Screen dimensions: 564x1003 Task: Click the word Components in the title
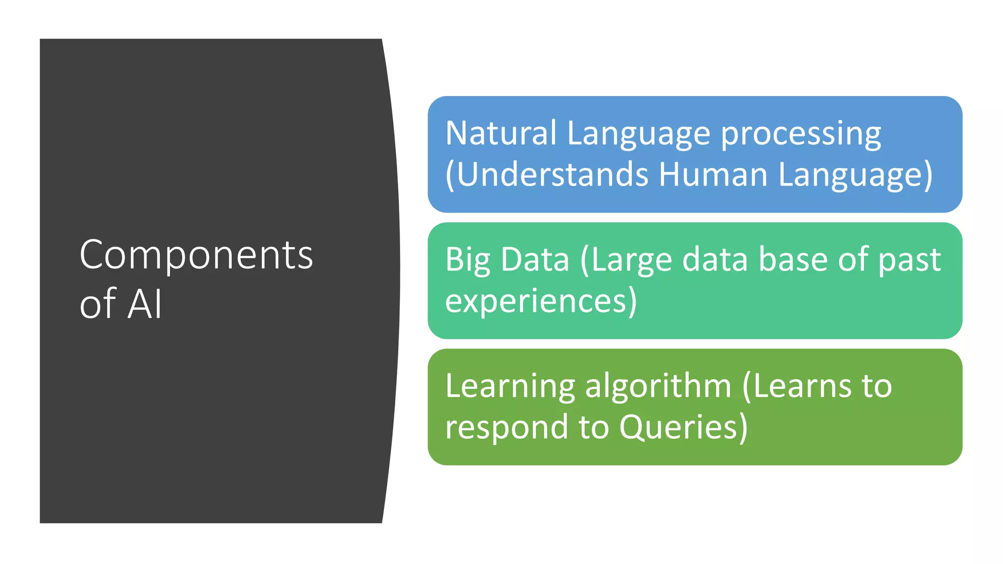click(196, 256)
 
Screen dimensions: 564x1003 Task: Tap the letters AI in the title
click(144, 304)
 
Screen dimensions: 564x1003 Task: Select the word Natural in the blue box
click(501, 133)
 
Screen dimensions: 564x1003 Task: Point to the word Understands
click(551, 175)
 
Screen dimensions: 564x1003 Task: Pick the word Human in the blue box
click(713, 175)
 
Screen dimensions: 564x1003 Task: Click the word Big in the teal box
click(467, 260)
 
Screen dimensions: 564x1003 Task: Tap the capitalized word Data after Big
click(535, 259)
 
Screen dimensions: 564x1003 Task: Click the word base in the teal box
click(793, 259)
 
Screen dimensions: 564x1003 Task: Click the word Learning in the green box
click(510, 387)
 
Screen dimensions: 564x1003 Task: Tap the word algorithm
click(658, 387)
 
